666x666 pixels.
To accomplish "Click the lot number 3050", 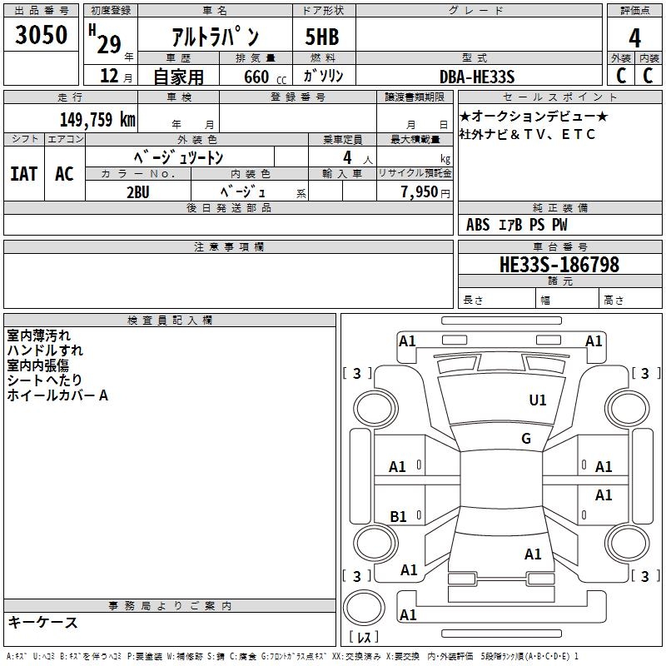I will [x=41, y=35].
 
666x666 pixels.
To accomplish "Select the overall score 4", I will [x=634, y=37].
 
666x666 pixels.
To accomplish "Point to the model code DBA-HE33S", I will [x=477, y=77].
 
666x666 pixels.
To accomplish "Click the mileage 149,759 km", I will [x=97, y=119].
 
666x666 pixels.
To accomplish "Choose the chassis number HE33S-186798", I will [x=559, y=265].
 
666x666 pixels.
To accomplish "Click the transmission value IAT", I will [x=23, y=174].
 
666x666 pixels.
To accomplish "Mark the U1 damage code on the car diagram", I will [x=538, y=400].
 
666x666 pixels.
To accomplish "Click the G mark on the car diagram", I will [x=526, y=439].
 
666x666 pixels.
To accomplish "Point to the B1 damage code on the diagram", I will [x=399, y=516].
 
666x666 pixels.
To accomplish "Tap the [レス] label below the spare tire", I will [x=367, y=638].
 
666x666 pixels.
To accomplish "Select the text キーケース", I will [x=42, y=622].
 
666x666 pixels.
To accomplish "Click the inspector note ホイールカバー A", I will [x=57, y=396].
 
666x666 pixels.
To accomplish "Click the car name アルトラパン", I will [x=215, y=37].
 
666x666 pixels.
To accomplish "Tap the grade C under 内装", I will [x=647, y=76].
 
